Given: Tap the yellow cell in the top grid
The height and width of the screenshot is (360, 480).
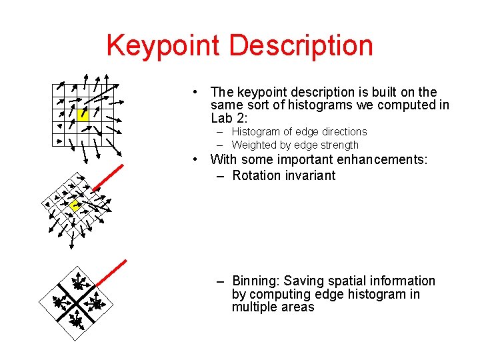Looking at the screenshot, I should click(x=83, y=114).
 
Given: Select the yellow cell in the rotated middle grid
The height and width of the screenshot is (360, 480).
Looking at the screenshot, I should click(x=75, y=206).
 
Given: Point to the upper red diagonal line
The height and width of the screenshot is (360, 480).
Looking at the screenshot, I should click(x=107, y=177).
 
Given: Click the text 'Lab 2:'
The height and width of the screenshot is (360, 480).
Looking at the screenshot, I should click(x=229, y=119).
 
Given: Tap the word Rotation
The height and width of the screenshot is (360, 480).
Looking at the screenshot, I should click(x=257, y=176).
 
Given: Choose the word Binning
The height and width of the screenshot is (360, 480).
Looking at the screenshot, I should click(x=256, y=281).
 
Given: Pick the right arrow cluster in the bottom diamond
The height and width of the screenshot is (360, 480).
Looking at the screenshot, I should click(x=96, y=304).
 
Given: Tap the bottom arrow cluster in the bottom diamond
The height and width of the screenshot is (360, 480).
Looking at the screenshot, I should click(x=77, y=323).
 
